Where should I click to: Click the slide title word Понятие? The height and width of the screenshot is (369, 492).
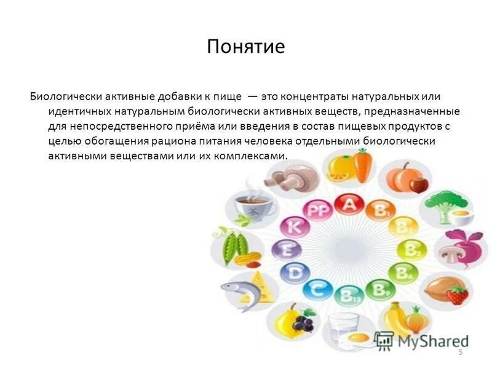(x=246, y=47)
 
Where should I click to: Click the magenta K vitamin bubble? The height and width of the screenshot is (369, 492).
(x=295, y=228)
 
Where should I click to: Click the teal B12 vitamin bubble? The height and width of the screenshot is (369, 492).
(x=349, y=295)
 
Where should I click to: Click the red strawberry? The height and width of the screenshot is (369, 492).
(x=456, y=295)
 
